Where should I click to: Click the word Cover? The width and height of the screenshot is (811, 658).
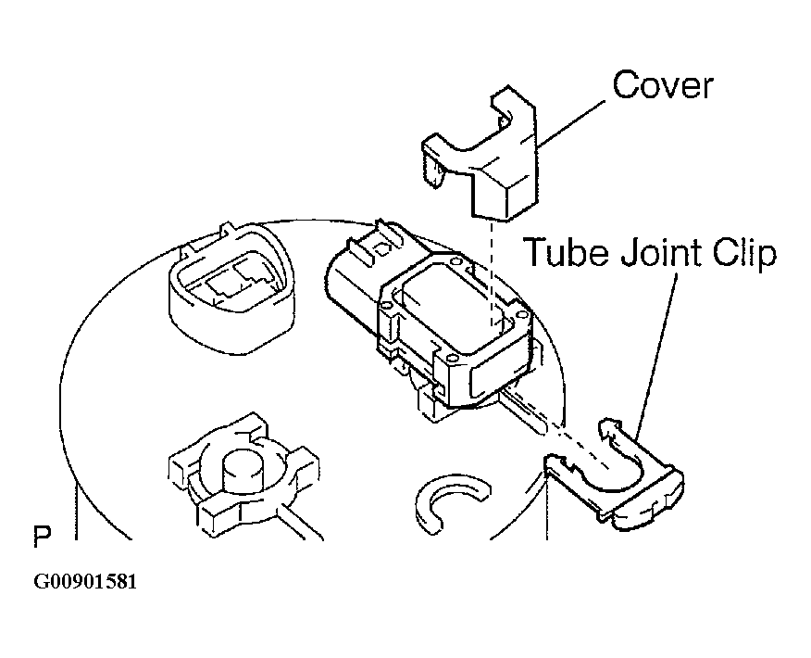(x=663, y=85)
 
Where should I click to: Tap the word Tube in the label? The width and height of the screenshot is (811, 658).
(x=567, y=252)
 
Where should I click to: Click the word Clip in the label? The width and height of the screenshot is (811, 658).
(x=743, y=254)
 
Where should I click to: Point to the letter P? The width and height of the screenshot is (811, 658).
(x=42, y=537)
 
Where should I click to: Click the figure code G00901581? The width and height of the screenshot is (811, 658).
(x=85, y=581)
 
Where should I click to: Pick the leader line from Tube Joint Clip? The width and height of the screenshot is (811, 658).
(x=657, y=356)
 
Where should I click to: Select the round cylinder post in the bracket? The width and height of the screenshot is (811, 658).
(x=242, y=471)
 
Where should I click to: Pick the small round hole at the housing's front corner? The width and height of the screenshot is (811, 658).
(x=451, y=359)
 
